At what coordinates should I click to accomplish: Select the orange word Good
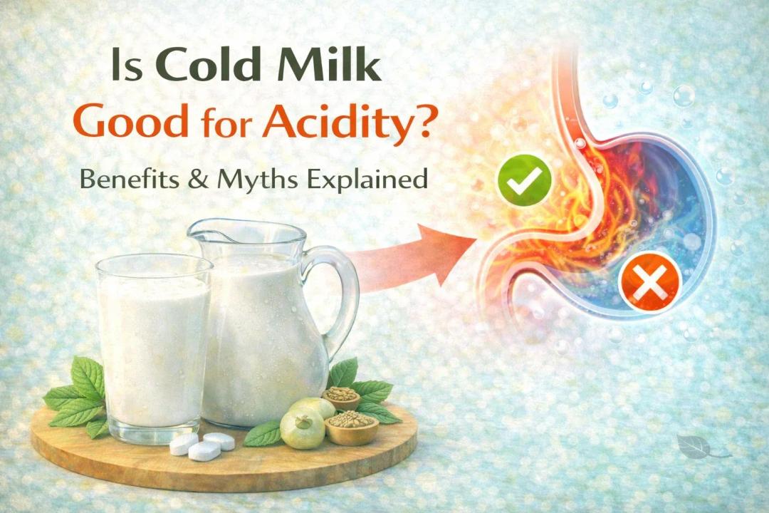(x=130, y=123)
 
